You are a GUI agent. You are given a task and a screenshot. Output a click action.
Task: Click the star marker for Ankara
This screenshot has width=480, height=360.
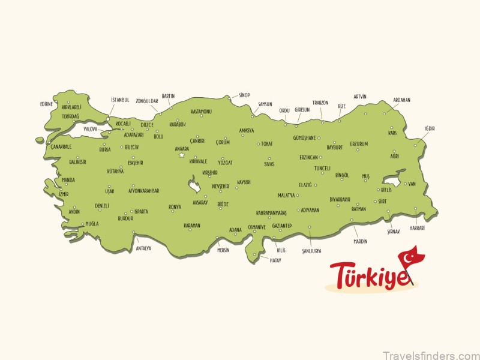(x=181, y=155)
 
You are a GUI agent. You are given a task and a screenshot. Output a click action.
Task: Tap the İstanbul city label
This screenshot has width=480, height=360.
(x=120, y=100)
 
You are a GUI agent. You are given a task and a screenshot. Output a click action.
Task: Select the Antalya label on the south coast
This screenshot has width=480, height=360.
(x=143, y=248)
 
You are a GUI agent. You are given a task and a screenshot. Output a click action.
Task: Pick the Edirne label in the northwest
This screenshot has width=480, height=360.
(x=47, y=104)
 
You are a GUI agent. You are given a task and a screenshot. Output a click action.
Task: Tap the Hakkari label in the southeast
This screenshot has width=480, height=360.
(x=417, y=228)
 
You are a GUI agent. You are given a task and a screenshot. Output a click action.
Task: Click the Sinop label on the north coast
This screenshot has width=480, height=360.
(x=244, y=95)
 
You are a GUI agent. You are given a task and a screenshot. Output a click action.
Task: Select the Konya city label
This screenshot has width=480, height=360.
(x=175, y=207)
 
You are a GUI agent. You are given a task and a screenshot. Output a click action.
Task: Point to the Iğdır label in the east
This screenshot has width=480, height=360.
(x=429, y=128)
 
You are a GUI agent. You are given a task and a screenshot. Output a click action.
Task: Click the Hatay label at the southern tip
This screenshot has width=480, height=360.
(x=275, y=260)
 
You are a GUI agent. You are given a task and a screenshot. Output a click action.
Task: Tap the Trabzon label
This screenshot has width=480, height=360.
(x=320, y=102)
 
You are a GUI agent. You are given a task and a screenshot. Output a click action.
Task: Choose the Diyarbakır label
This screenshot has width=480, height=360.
(x=340, y=199)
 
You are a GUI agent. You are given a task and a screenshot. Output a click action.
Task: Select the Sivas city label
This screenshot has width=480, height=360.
(x=269, y=163)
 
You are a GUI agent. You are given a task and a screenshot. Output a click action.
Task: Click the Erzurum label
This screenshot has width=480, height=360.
(x=359, y=144)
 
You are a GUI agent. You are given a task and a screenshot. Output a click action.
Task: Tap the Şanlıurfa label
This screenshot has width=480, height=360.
(x=311, y=250)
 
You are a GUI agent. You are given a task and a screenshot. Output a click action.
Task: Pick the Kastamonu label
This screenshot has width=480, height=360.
(x=201, y=112)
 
